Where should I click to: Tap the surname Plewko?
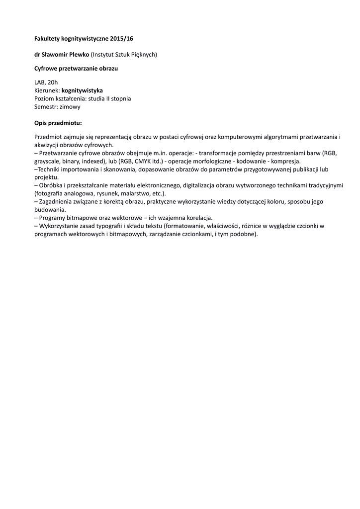point(80,54)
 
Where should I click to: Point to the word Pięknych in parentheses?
point(144,54)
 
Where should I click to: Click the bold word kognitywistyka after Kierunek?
point(82,90)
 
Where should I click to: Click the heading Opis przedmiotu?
point(58,122)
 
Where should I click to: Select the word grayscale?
point(48,162)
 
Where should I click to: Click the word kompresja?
point(286,162)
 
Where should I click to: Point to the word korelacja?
point(199,218)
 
